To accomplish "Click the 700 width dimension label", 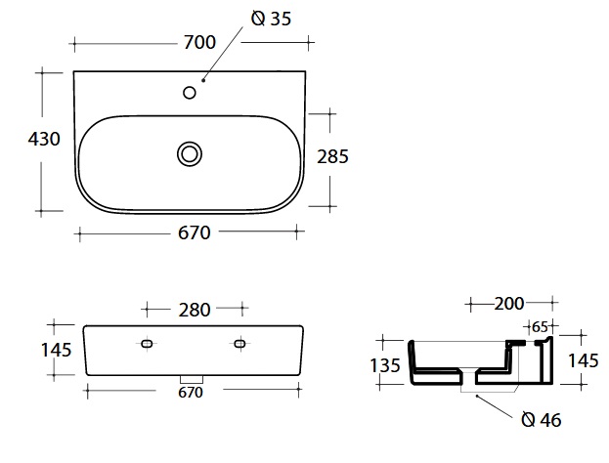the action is coord(199,42).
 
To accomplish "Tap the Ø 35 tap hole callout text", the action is coord(271,19).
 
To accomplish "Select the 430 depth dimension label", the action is coord(44,139).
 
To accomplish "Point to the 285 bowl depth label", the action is coord(332,157).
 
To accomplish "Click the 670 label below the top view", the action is coord(195,232).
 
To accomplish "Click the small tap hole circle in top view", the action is coord(190,93).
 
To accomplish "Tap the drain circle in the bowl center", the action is coord(190,154).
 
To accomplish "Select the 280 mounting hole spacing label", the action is coord(195,310).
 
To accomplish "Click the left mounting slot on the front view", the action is coord(147,344).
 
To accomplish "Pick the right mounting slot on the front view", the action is coord(240,344).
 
